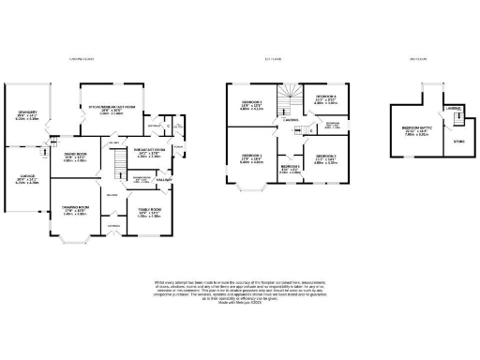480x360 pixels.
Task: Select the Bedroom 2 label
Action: coord(248,105)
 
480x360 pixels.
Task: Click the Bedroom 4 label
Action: coord(325,99)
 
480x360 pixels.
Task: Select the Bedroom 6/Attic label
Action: coord(415,130)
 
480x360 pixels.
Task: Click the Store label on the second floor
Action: coord(457,142)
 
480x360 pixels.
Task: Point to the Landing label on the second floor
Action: coord(453,108)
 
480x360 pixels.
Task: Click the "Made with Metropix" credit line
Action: coord(239,305)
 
